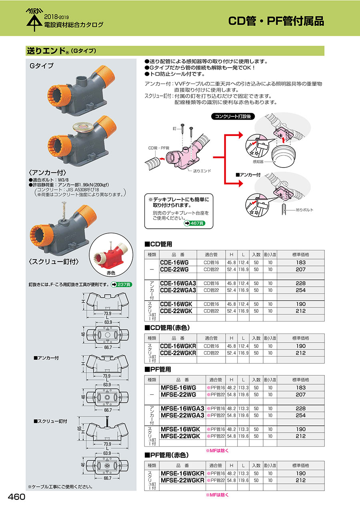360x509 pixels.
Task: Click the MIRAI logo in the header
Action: [34, 19]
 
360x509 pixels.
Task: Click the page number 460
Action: [16, 497]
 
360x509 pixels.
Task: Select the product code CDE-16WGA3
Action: [178, 283]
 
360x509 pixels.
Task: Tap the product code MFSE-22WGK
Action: [180, 436]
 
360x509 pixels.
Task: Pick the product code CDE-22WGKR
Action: [178, 353]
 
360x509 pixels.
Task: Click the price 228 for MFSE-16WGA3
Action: [300, 409]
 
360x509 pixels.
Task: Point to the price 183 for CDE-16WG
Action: [300, 262]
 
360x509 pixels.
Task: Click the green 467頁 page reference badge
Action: [194, 224]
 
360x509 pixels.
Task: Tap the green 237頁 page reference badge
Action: [121, 284]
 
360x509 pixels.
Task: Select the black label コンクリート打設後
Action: [233, 117]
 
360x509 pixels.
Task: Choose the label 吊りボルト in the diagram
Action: [304, 210]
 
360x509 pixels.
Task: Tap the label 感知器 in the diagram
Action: [258, 162]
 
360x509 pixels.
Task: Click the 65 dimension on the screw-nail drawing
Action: [79, 429]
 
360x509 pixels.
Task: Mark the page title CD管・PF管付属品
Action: [276, 21]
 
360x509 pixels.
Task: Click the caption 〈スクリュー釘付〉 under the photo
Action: [54, 262]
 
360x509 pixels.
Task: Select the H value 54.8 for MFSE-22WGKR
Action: [231, 481]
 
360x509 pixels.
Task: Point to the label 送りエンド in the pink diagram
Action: [202, 171]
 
